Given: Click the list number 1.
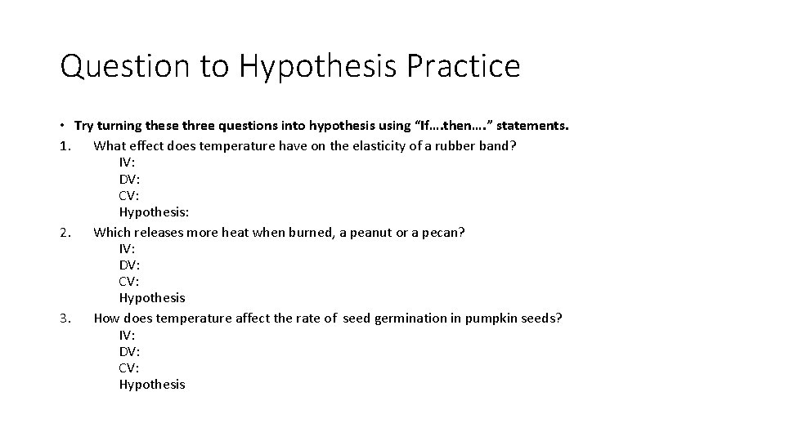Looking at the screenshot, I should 65,145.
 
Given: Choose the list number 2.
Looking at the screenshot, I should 65,232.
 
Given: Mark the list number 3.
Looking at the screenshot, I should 65,318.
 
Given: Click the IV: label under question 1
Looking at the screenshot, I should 127,162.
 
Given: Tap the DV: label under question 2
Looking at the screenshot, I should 129,265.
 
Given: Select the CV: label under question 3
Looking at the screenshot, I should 129,367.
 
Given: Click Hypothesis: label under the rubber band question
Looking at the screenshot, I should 154,212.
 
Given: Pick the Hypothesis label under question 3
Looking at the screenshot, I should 152,384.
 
